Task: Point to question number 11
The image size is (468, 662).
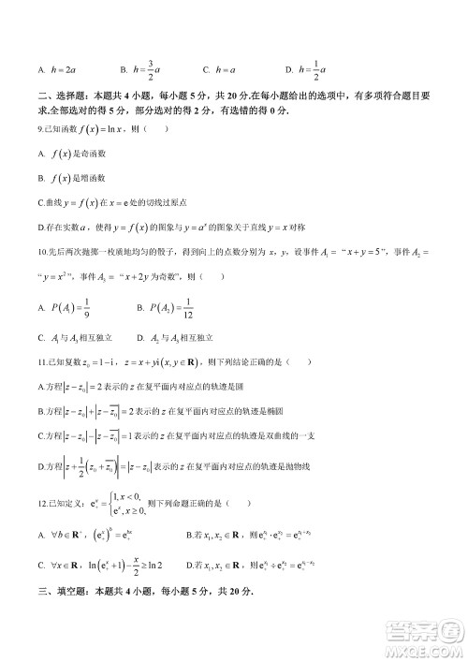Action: click(42, 361)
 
